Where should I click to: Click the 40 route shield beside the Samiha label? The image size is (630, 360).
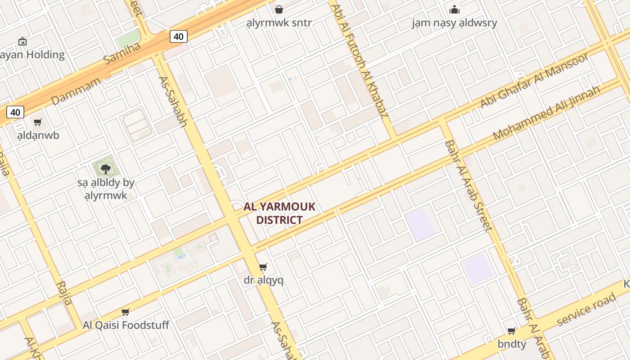(178, 36)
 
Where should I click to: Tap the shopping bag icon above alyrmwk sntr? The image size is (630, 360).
(279, 9)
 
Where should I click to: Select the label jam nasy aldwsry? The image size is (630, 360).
(454, 23)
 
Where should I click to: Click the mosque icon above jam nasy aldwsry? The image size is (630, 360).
(454, 9)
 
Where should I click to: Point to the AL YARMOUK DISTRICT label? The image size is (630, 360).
(279, 213)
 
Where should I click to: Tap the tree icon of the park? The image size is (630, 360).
(106, 169)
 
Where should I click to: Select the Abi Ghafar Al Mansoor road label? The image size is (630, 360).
(534, 81)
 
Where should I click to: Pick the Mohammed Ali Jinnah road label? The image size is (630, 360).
(546, 112)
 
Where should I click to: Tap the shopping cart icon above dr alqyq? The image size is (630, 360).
(263, 267)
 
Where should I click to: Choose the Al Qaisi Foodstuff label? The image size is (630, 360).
(126, 325)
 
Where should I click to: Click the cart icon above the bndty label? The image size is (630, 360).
(512, 331)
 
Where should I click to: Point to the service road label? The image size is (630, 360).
(586, 310)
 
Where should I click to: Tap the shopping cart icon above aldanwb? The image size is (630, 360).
(38, 122)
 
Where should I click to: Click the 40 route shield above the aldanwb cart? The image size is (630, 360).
(15, 112)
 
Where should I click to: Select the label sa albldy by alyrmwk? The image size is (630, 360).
(106, 189)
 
